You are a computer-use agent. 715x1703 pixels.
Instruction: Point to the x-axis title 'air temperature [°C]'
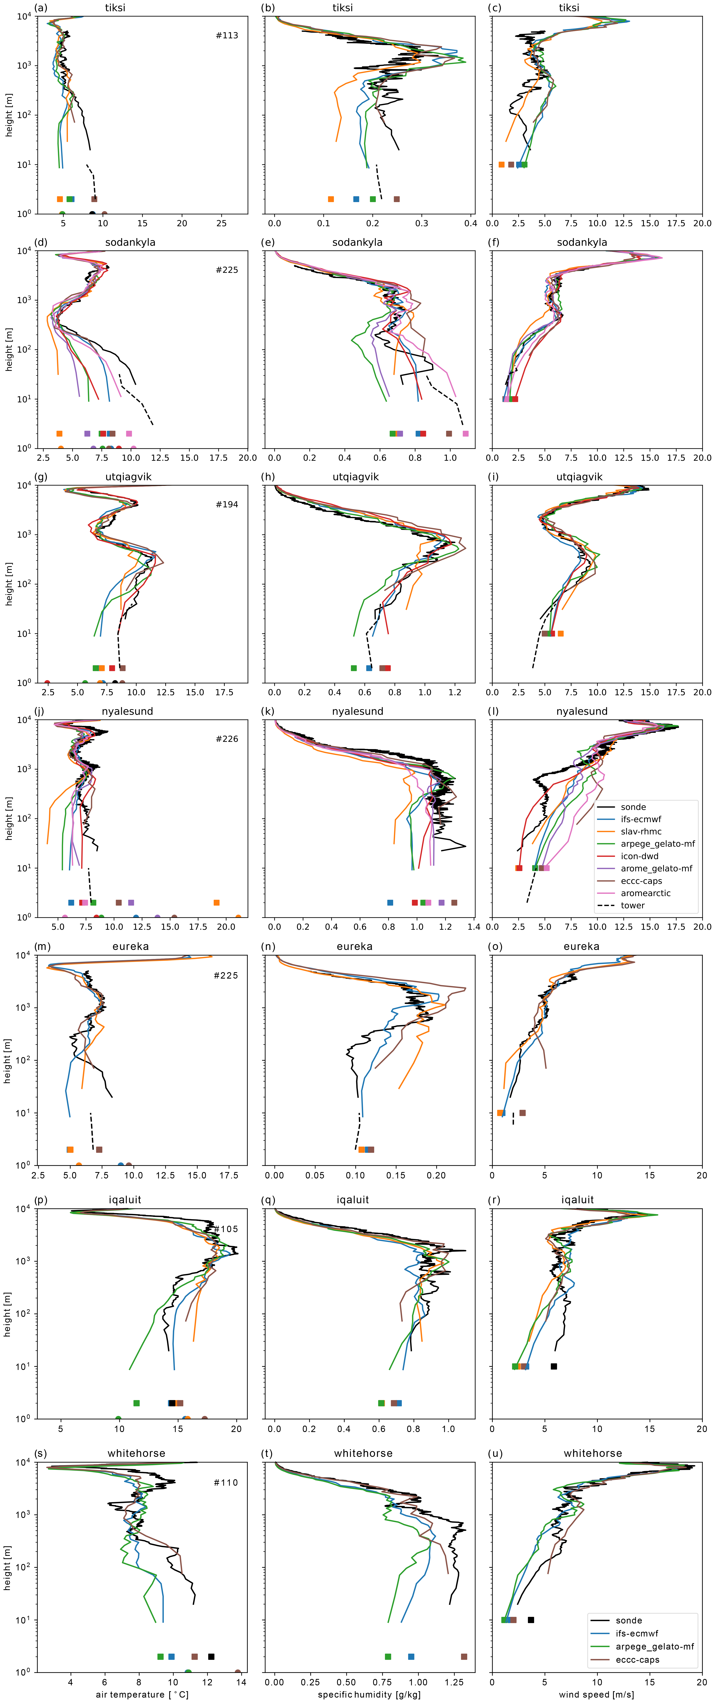(x=142, y=1694)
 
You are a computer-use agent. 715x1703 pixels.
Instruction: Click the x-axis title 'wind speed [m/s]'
(x=596, y=1694)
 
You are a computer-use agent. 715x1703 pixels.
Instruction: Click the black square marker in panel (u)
(x=531, y=1620)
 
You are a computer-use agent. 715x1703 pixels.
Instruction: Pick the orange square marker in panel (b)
(x=331, y=199)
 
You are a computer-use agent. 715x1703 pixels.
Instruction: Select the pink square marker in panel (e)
(x=465, y=434)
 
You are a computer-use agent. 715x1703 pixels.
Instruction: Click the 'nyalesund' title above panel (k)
(x=357, y=711)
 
